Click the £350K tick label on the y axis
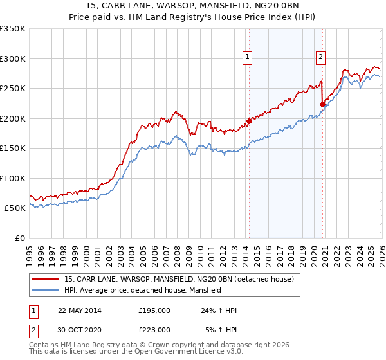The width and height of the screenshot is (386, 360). [13, 29]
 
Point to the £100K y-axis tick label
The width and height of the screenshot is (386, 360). [13, 178]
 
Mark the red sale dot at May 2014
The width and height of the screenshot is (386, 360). [249, 121]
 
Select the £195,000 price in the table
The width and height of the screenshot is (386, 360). [154, 310]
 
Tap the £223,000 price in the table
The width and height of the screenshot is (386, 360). [154, 329]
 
